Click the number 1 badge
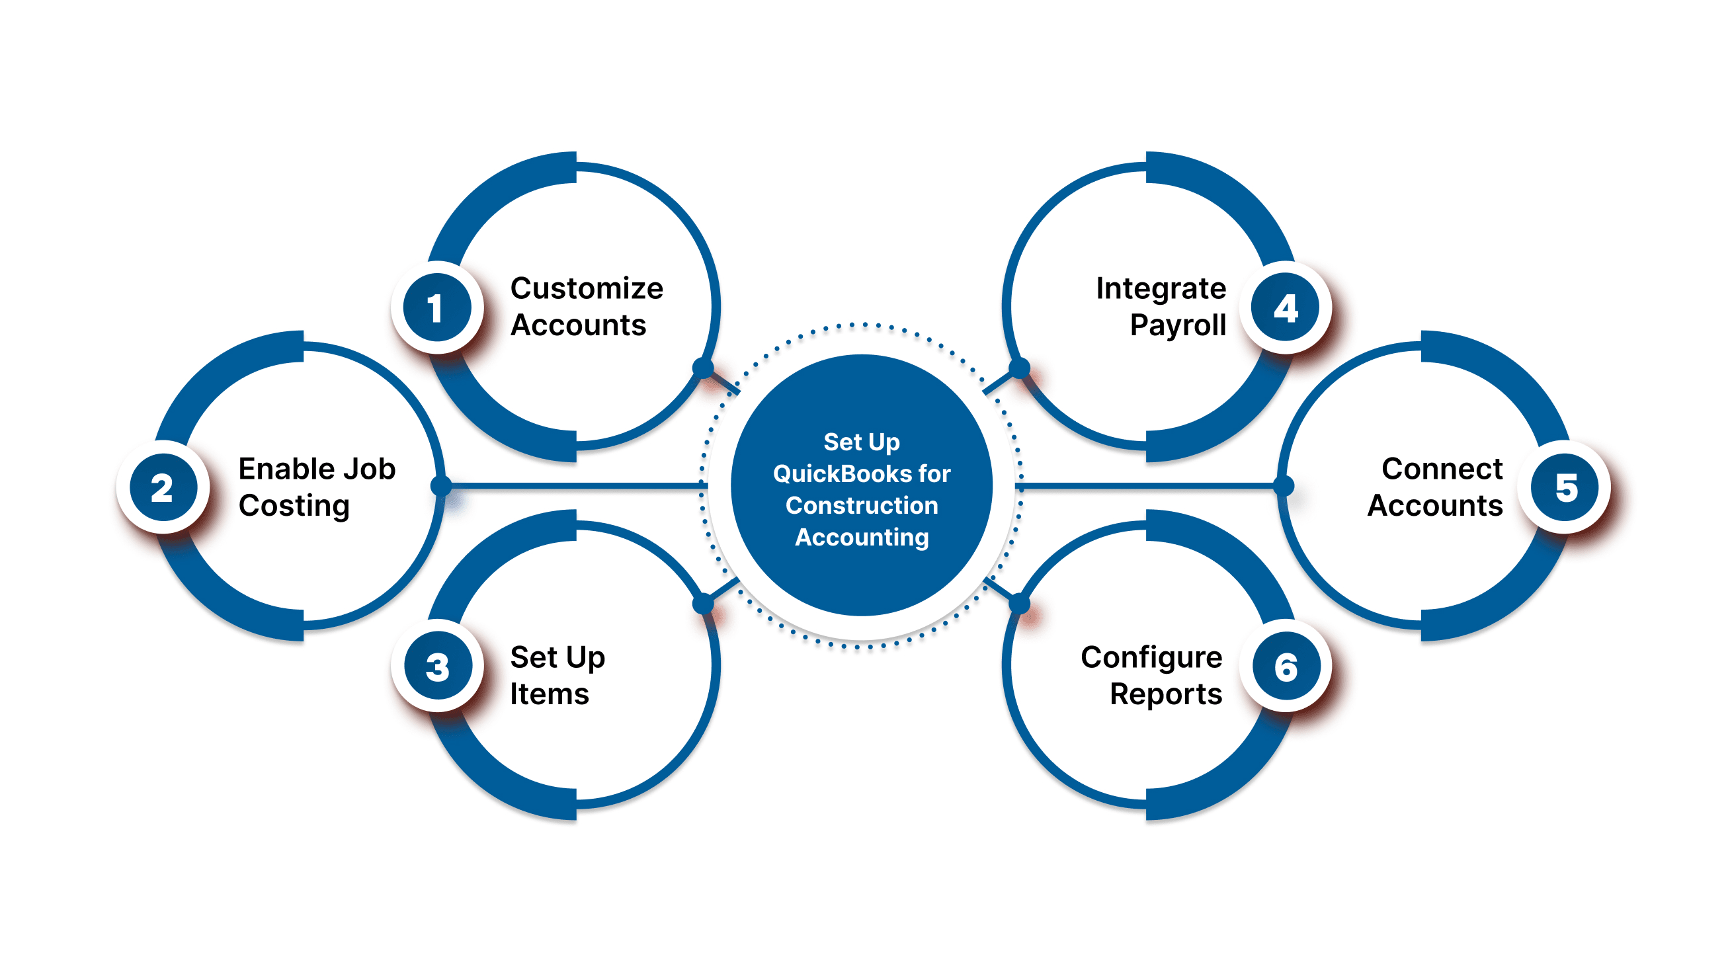click(x=436, y=308)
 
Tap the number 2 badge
click(x=162, y=488)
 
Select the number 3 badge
click(x=436, y=667)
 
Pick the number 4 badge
click(x=1286, y=308)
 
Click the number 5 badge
click(x=1566, y=488)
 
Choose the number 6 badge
click(x=1286, y=667)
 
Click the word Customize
click(x=587, y=288)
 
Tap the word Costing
click(x=294, y=506)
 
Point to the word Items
click(x=549, y=694)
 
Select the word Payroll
click(x=1177, y=325)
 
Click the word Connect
click(x=1442, y=469)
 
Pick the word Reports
click(x=1165, y=694)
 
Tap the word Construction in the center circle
click(x=861, y=505)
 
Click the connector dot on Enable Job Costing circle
click(x=440, y=485)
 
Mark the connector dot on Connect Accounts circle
click(x=1283, y=485)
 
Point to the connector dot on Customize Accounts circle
click(x=702, y=368)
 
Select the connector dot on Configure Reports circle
click(x=1019, y=604)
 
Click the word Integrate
click(x=1161, y=288)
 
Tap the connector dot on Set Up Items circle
click(x=702, y=604)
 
